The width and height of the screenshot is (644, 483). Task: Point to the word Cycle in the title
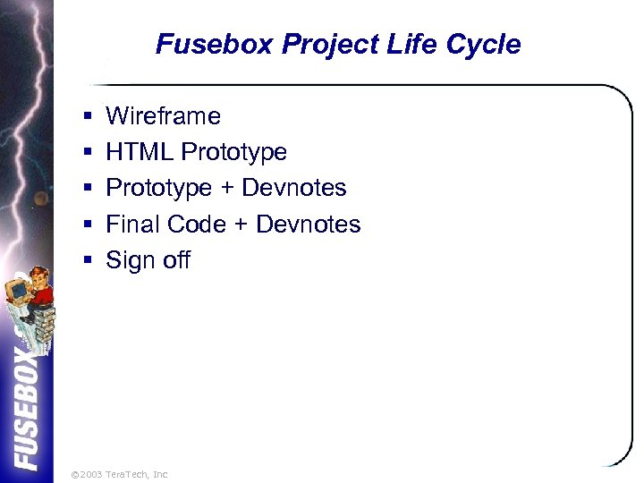(484, 45)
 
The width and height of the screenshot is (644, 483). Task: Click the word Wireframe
(163, 116)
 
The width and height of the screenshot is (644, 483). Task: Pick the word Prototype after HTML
(233, 153)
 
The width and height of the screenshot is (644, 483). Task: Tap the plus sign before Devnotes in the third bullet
(226, 189)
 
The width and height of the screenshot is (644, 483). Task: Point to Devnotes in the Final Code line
(308, 225)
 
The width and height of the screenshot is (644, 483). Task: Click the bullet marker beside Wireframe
(88, 117)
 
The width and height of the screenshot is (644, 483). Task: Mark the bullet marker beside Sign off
(88, 261)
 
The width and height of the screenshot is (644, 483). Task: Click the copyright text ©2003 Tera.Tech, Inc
(119, 474)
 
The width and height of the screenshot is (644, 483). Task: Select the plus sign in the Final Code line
(240, 225)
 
